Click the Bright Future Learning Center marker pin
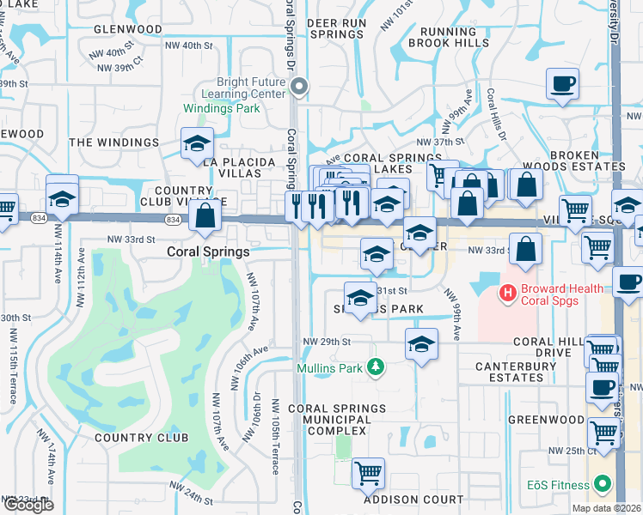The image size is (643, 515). click(299, 85)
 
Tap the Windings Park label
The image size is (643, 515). click(221, 109)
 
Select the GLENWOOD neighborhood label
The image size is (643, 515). click(128, 29)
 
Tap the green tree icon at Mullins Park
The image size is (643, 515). click(375, 367)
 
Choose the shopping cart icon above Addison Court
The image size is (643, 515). click(368, 472)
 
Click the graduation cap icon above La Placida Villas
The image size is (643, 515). click(197, 143)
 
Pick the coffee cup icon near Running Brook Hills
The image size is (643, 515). click(562, 84)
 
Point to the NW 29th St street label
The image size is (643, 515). click(327, 342)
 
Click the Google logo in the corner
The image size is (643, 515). click(28, 505)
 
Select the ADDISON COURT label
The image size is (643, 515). click(401, 500)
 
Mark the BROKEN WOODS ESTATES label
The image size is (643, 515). click(586, 160)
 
